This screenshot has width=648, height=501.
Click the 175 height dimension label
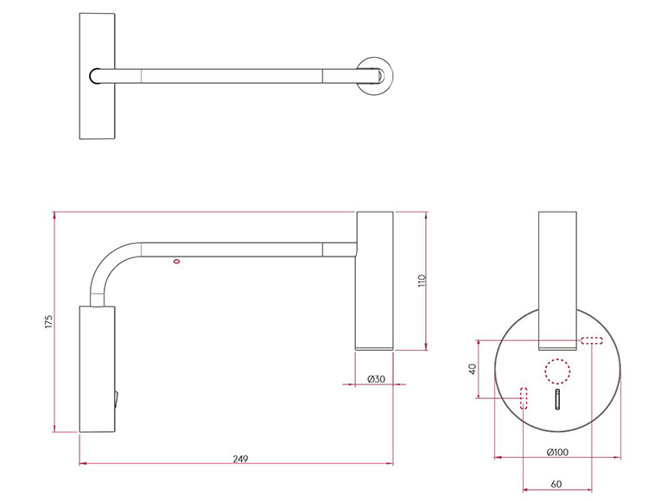tap(48, 322)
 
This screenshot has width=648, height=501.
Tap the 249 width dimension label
tap(240, 459)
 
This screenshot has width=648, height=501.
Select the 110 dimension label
tap(422, 282)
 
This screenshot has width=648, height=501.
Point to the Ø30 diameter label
tap(376, 378)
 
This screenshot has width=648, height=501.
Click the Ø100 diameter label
tap(557, 453)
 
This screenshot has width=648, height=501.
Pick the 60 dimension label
tap(556, 484)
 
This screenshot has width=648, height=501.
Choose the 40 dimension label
tap(473, 369)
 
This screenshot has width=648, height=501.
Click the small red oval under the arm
tap(177, 261)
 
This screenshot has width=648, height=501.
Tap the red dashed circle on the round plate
tap(557, 371)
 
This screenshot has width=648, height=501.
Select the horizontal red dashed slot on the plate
tap(592, 340)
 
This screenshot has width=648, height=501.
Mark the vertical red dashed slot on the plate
tap(524, 398)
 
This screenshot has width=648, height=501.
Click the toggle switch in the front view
tap(557, 399)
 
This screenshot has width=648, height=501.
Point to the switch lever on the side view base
tap(117, 399)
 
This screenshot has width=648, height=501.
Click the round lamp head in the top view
tap(375, 76)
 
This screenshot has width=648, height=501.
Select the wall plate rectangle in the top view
tap(97, 76)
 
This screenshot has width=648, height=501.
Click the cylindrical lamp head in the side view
tap(375, 281)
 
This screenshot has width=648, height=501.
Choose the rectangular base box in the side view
tap(97, 369)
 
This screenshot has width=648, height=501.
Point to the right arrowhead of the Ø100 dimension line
tap(618, 457)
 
